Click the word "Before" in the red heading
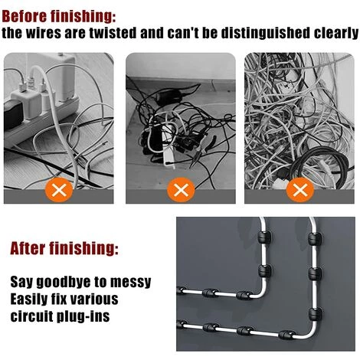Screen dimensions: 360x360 [x=25, y=16]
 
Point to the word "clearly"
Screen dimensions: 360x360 [x=336, y=33]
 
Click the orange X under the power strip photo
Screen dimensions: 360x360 [x=59, y=190]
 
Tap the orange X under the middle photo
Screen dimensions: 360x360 [x=181, y=190]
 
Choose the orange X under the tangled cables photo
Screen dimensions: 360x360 [x=300, y=190]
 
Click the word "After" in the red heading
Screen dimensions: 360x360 [x=28, y=248]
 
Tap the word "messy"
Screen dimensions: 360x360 [x=130, y=283]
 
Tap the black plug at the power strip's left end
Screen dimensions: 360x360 [x=13, y=116]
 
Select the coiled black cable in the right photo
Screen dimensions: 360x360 [x=318, y=162]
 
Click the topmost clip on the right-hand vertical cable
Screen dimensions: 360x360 [x=314, y=237]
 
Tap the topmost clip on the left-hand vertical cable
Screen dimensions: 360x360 [x=264, y=237]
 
